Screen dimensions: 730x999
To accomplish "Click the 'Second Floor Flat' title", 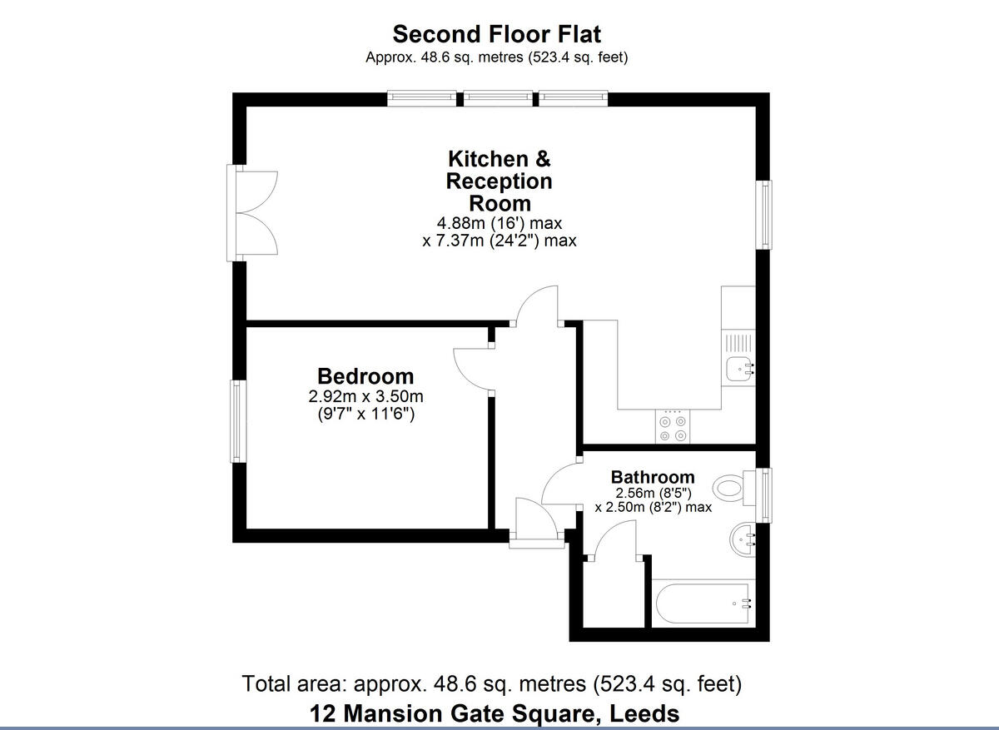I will [496, 34].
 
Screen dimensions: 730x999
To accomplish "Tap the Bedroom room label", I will [365, 376].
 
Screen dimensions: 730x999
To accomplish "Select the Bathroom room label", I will [652, 477].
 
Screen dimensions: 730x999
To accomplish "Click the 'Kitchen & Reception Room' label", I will [499, 181].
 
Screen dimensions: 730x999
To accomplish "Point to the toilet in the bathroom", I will [730, 488].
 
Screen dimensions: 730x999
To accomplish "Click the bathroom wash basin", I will [742, 540].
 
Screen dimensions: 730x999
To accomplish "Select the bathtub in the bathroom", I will [704, 603].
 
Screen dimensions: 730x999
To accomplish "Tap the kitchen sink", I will [738, 369].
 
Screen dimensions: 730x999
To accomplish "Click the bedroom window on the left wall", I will [238, 421].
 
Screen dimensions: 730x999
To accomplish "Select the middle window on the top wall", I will [497, 98].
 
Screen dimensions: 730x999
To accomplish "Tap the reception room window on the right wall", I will [763, 214].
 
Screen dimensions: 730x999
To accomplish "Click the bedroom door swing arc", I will [470, 365].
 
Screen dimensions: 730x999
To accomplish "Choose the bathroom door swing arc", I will [559, 483].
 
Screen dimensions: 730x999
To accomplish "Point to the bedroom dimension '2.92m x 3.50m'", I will [365, 396].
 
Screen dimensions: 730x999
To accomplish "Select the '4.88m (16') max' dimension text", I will [499, 223].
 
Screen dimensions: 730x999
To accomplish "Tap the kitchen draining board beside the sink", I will [738, 342].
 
